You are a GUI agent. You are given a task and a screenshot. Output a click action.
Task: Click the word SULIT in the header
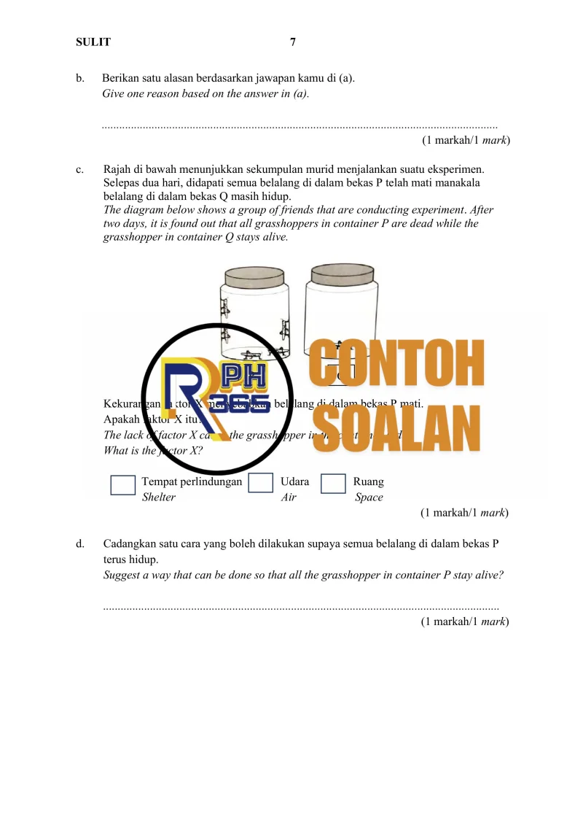coord(93,42)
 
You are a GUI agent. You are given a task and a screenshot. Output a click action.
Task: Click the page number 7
coord(293,42)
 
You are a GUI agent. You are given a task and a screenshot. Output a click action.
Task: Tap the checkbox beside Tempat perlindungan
coord(123,485)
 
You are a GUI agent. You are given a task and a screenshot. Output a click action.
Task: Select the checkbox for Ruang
coord(333,484)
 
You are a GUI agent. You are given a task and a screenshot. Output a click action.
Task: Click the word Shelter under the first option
coord(158,497)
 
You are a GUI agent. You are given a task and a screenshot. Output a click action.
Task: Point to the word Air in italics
coord(289,497)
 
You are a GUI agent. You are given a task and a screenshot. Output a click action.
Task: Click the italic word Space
coord(369,497)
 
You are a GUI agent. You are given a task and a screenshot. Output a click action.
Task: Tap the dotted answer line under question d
coord(301,606)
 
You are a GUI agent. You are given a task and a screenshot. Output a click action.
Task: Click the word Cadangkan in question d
coord(128,543)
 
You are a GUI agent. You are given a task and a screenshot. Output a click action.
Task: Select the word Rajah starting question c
coord(118,169)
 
